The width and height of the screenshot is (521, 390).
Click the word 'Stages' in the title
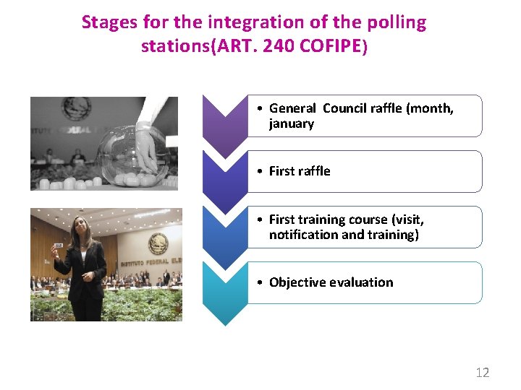click(106, 22)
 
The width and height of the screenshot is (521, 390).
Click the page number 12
click(482, 373)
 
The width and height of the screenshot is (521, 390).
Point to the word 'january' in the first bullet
click(292, 123)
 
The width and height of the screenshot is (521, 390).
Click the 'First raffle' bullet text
click(300, 171)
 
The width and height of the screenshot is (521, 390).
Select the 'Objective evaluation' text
click(331, 282)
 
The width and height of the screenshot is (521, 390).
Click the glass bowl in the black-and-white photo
click(135, 155)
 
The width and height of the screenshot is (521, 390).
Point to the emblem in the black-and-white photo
click(76, 109)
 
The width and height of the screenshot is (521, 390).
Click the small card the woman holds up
click(58, 246)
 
